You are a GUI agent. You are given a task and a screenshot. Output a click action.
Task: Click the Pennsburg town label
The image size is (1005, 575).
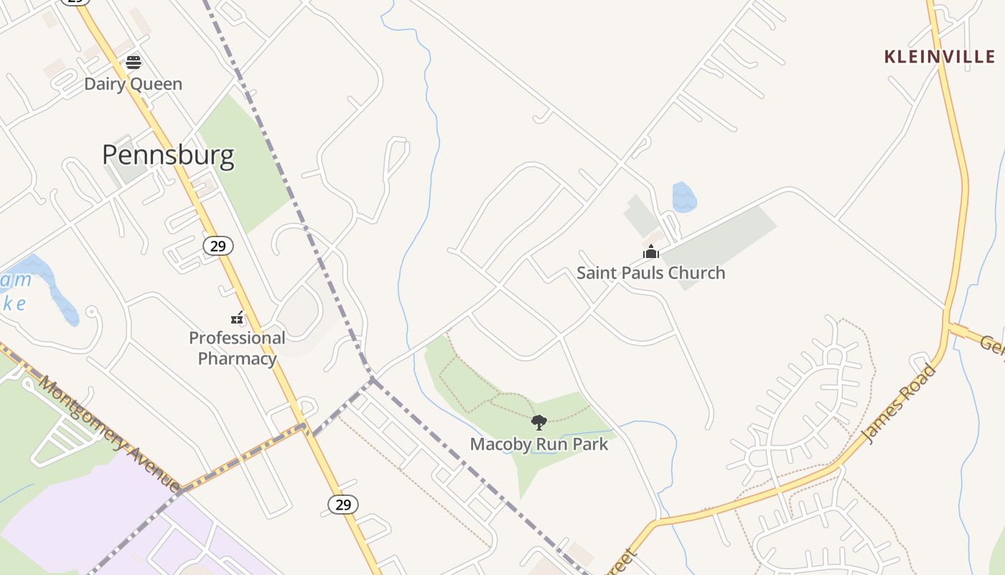tap(168, 155)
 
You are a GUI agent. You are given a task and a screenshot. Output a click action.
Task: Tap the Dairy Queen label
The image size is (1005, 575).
tap(134, 84)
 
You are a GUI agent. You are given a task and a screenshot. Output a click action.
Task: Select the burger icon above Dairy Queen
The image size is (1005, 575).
tap(134, 63)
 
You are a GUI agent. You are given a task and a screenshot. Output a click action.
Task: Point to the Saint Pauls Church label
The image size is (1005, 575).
tap(651, 273)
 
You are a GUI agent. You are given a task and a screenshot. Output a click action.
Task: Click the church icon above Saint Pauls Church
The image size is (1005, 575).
tap(651, 252)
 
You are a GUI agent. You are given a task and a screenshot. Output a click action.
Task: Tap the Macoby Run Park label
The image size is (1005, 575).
tap(539, 444)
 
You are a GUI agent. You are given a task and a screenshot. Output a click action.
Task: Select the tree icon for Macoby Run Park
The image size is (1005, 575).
tap(539, 423)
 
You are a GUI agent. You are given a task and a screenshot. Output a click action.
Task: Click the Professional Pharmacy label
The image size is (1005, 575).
tap(237, 348)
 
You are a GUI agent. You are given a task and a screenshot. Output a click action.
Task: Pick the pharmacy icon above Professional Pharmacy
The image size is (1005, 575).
tap(237, 317)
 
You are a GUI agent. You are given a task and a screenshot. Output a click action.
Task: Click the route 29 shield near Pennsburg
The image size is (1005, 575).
tap(218, 246)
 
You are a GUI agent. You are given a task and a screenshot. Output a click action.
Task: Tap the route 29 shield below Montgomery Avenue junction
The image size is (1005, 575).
tap(343, 505)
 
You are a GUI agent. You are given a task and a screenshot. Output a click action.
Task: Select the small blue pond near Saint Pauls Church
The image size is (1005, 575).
tap(683, 197)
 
